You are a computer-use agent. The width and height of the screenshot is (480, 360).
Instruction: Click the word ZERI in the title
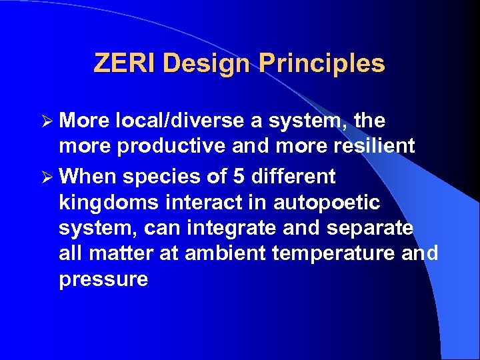[x=125, y=63]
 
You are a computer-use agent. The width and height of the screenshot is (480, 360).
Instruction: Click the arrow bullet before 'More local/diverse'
[x=46, y=121]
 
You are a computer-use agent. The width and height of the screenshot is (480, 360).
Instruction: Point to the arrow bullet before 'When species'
[x=46, y=177]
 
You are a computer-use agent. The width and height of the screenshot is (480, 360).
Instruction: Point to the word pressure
[x=103, y=279]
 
